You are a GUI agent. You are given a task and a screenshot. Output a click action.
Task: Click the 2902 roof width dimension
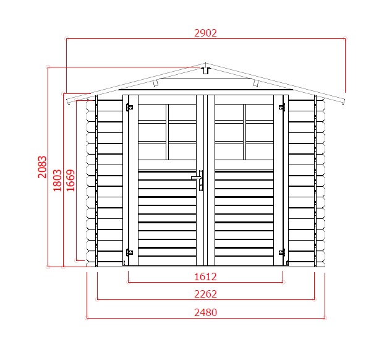[x=205, y=33]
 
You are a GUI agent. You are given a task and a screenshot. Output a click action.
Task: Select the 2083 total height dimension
[x=42, y=167]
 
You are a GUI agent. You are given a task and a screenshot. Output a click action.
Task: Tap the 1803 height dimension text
[x=57, y=181]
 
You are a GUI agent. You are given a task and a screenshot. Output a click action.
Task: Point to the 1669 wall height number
[x=70, y=181]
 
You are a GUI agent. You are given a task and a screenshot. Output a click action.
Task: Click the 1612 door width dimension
[x=205, y=276]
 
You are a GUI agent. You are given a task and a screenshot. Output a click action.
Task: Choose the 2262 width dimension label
[x=205, y=294]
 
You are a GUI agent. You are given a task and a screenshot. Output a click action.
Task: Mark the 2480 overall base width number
[x=205, y=312]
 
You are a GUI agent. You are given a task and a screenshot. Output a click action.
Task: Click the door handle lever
[x=196, y=178]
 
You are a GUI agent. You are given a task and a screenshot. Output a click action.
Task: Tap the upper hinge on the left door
[x=129, y=107]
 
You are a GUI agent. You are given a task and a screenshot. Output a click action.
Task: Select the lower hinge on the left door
[x=129, y=252]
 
